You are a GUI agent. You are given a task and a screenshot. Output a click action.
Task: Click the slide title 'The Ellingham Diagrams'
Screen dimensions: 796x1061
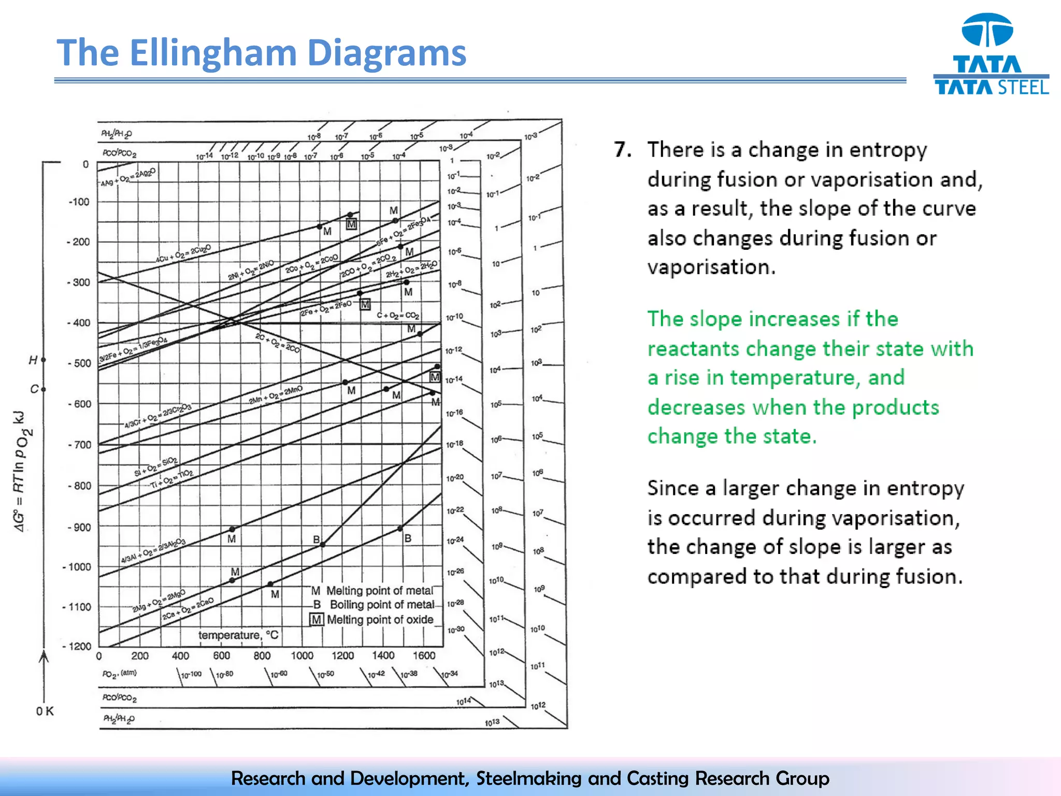pyautogui.click(x=261, y=53)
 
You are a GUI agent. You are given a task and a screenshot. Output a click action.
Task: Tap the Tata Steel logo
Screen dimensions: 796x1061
pyautogui.click(x=990, y=54)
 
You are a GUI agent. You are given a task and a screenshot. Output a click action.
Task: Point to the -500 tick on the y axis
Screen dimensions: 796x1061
pyautogui.click(x=79, y=363)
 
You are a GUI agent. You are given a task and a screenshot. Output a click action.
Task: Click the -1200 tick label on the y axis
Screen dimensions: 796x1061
pyautogui.click(x=77, y=646)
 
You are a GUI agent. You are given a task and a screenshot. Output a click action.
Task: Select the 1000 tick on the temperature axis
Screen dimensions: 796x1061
pyautogui.click(x=302, y=656)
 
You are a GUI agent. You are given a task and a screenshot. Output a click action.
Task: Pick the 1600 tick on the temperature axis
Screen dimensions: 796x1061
pyautogui.click(x=424, y=656)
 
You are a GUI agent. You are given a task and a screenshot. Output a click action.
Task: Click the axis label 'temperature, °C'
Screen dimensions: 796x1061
pyautogui.click(x=238, y=635)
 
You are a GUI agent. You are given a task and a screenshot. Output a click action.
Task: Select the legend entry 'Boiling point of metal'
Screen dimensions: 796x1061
pyautogui.click(x=381, y=605)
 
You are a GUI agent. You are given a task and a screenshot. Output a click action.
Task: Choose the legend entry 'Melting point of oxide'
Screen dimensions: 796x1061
pyautogui.click(x=380, y=620)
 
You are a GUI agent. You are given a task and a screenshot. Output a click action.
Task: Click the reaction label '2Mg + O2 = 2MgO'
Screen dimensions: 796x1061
pyautogui.click(x=159, y=601)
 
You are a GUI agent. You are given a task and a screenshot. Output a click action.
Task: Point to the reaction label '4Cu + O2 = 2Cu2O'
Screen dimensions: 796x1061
pyautogui.click(x=183, y=254)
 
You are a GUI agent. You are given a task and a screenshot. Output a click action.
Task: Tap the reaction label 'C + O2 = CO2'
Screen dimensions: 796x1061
pyautogui.click(x=398, y=315)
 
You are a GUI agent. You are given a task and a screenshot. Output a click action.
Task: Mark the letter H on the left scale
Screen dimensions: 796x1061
pyautogui.click(x=33, y=360)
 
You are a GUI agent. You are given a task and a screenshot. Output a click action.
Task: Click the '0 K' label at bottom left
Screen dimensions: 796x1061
pyautogui.click(x=45, y=711)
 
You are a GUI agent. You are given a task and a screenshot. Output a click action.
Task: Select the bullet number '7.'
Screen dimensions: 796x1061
pyautogui.click(x=623, y=150)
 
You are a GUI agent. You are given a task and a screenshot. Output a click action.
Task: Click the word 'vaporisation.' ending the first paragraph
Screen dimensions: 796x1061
pyautogui.click(x=711, y=267)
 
